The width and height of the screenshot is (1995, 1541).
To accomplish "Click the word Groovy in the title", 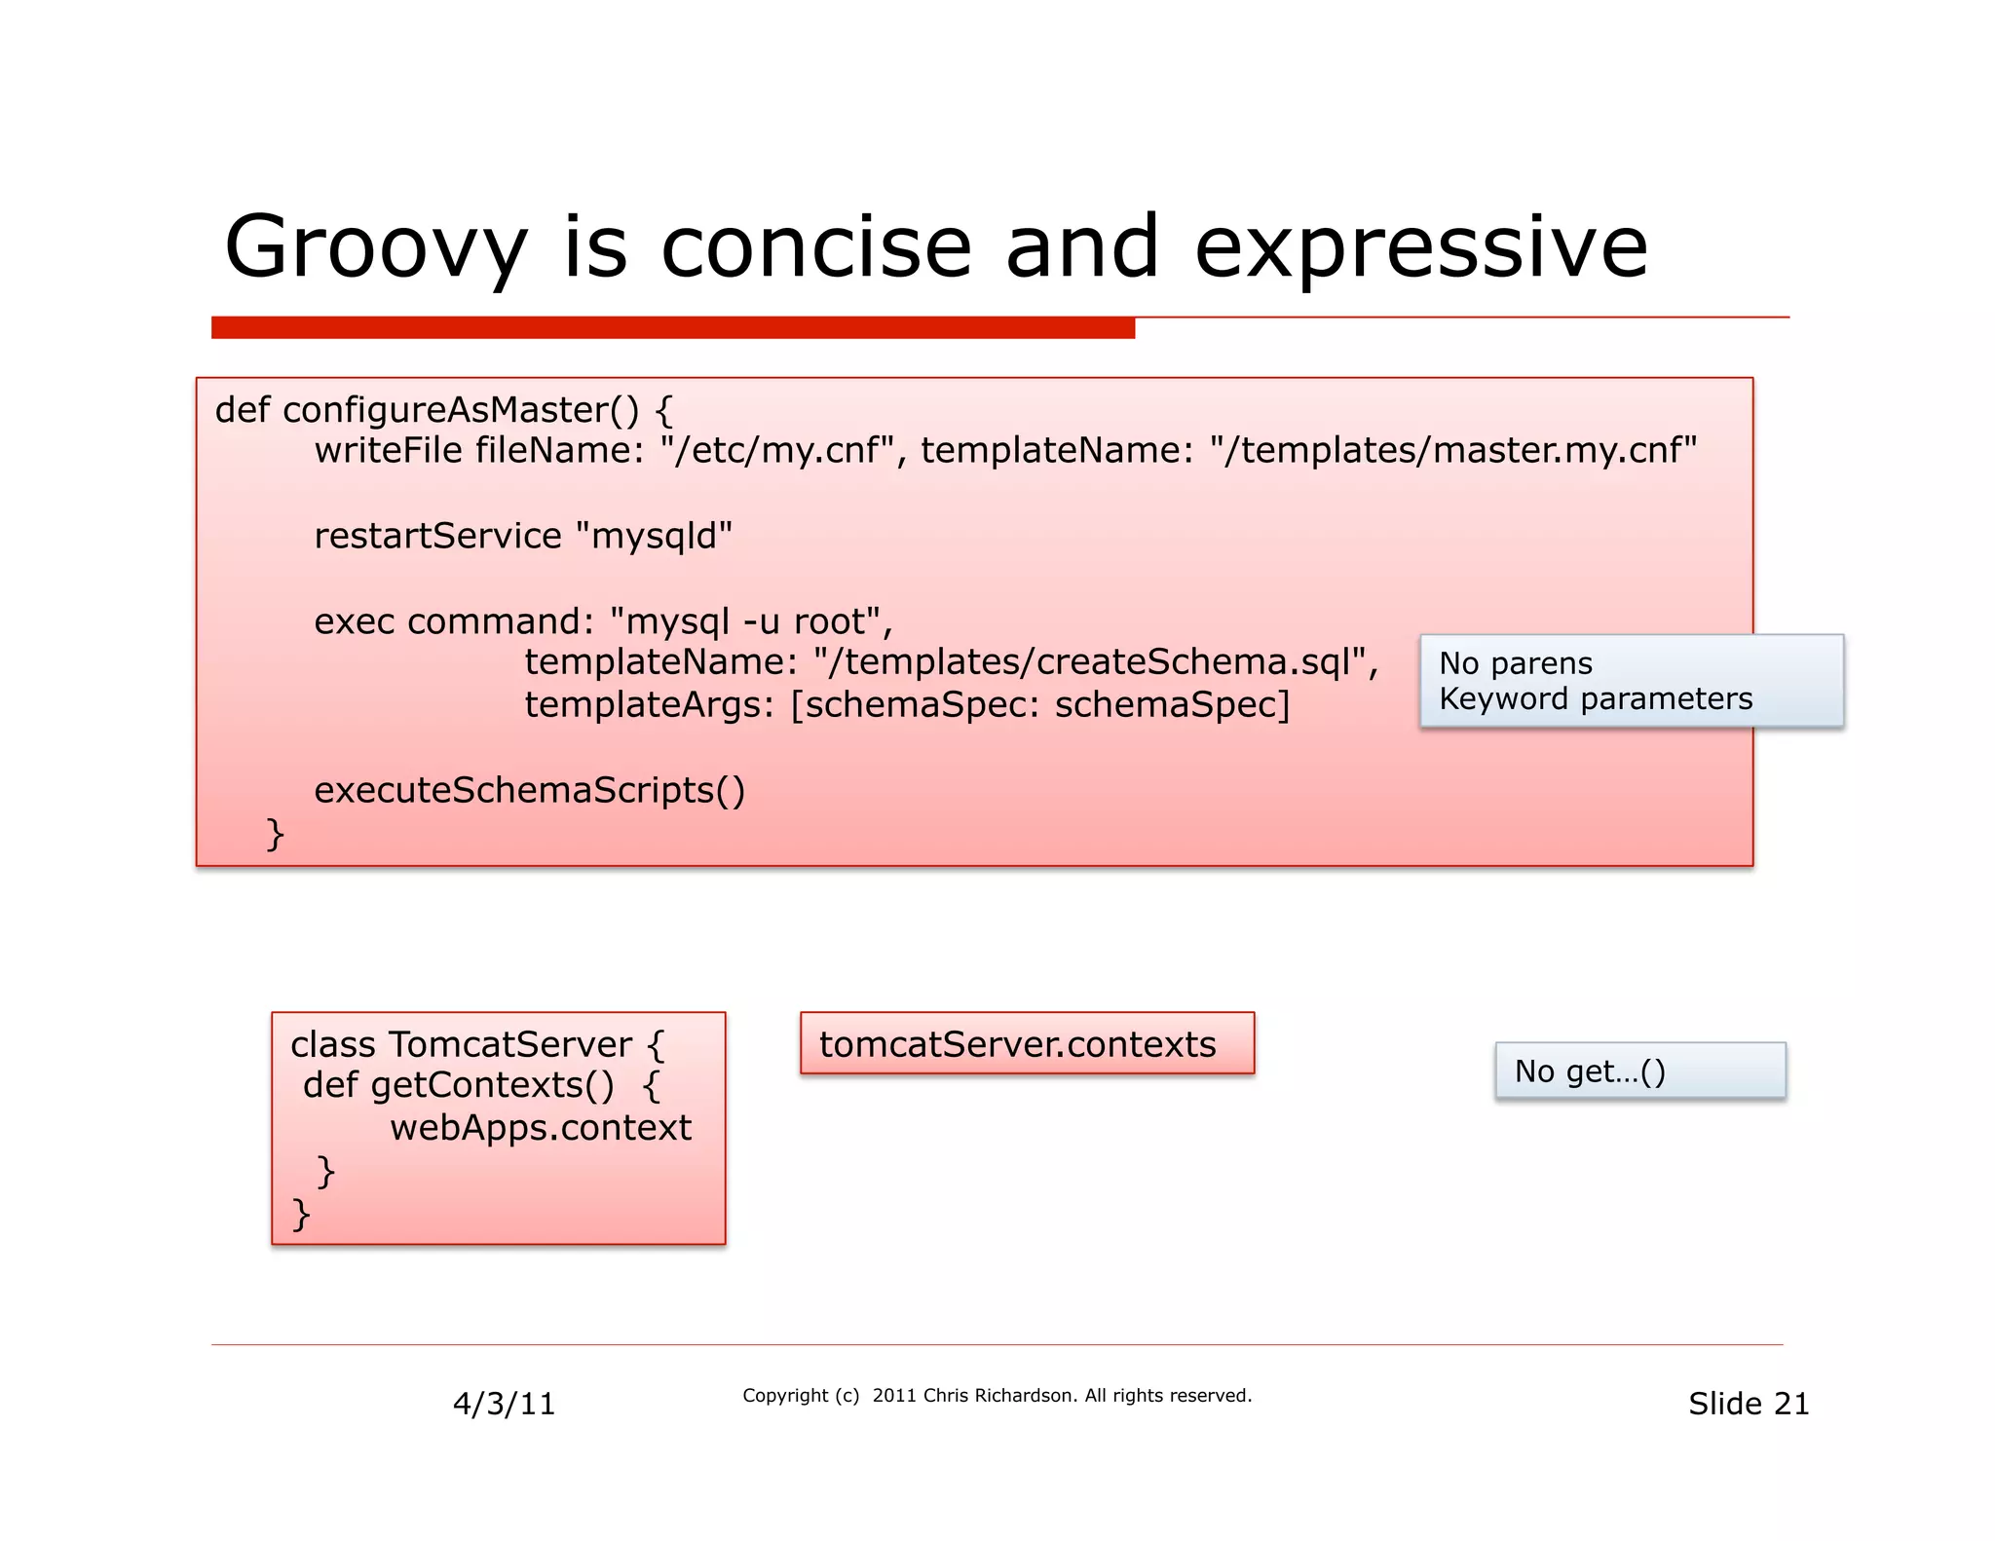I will pos(375,248).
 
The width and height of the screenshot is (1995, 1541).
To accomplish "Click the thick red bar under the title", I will pos(672,328).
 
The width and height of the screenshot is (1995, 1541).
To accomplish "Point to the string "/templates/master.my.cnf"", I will pos(1453,451).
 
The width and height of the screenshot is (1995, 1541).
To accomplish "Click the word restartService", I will pos(437,536).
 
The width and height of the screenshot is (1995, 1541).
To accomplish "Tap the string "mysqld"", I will pos(654,536).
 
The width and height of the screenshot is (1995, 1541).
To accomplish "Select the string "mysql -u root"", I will pos(746,621).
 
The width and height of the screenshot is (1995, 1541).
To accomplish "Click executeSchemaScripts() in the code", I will pos(529,790).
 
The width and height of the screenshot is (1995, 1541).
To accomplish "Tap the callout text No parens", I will pos(1515,663).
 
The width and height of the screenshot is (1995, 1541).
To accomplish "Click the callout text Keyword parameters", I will pos(1595,698).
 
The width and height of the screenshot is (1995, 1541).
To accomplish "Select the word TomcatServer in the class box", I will pos(509,1044).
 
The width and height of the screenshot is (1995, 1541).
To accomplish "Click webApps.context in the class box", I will pos(540,1128).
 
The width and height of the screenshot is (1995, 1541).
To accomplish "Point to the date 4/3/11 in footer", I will pos(504,1404).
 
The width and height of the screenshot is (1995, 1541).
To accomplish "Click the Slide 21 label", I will pos(1748,1404).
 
